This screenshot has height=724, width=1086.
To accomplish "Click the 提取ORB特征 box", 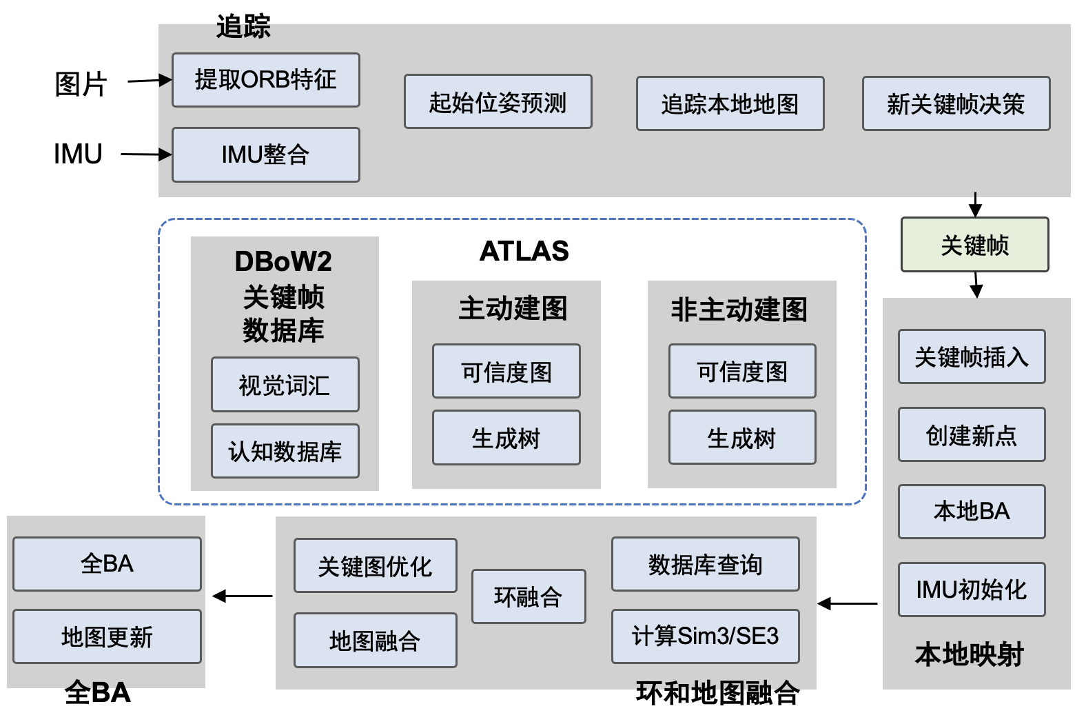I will click(x=265, y=80).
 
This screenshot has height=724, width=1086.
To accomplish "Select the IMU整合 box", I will click(x=265, y=154).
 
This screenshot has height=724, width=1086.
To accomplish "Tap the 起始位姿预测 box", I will click(x=498, y=102).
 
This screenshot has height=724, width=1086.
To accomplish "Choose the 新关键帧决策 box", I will click(x=956, y=103).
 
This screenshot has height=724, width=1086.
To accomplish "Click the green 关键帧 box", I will click(x=974, y=245).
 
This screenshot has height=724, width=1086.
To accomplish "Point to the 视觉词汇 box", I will click(x=285, y=385).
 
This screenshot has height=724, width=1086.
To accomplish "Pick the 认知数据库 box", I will click(x=285, y=451).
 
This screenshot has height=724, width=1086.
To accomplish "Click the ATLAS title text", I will click(x=524, y=251).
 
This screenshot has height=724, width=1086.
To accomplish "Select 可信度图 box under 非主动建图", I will click(x=742, y=371).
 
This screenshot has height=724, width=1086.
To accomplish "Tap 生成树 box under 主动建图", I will click(x=506, y=438).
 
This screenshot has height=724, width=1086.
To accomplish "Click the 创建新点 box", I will click(x=972, y=434).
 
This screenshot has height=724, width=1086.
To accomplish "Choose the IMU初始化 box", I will click(x=972, y=590).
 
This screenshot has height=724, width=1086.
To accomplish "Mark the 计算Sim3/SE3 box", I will click(x=705, y=636).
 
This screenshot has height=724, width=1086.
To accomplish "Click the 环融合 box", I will click(x=529, y=596).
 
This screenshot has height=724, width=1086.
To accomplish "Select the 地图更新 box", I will click(x=107, y=636).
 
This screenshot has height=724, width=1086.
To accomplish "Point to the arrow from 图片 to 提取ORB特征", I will click(x=150, y=81).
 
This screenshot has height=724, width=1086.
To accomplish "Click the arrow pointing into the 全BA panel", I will click(x=243, y=596).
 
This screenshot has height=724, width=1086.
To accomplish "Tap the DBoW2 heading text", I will click(x=283, y=261).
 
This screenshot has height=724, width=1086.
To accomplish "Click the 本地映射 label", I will click(x=969, y=654).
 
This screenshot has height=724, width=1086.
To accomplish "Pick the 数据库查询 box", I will click(x=705, y=564).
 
